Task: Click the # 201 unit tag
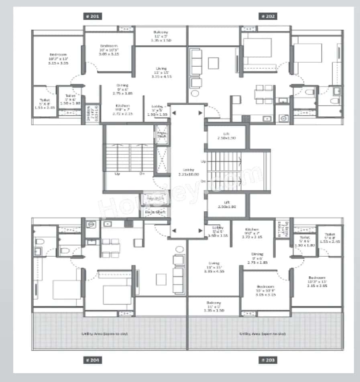[92, 16]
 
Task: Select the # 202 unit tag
[268, 16]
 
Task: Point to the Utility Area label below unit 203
[265, 333]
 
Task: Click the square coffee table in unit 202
[213, 62]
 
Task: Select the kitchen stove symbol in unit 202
[246, 118]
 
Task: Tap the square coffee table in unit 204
[161, 278]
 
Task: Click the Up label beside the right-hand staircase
[203, 161]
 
